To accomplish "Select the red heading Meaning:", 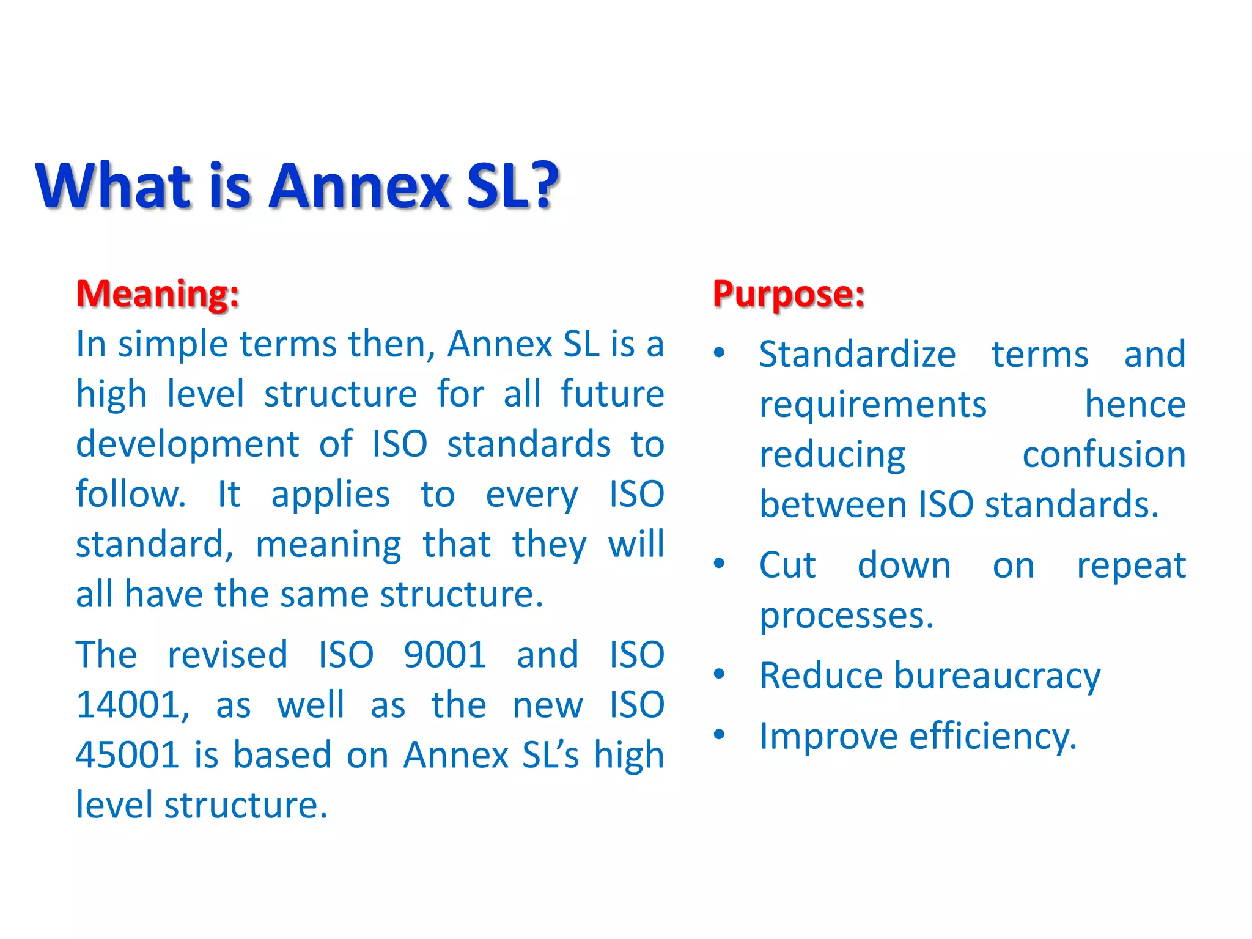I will click(158, 293).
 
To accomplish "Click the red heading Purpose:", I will click(789, 295).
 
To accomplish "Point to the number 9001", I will click(445, 655).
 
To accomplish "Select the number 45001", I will click(127, 754).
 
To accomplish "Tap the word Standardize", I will click(857, 355).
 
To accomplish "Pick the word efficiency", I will click(992, 736).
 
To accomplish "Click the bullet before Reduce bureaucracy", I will click(720, 674).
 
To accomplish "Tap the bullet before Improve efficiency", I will click(720, 734).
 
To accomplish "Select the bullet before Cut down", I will click(720, 564).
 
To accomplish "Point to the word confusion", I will click(1104, 455).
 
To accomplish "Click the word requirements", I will click(873, 405).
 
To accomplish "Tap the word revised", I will click(227, 655).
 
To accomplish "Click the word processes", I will click(846, 616).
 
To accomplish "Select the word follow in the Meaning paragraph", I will click(130, 494).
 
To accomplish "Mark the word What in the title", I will click(114, 186).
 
